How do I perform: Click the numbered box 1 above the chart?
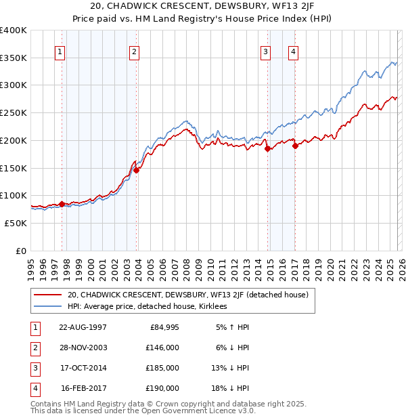click(60, 51)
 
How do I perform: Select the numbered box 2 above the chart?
click(135, 51)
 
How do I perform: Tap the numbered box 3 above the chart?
click(266, 51)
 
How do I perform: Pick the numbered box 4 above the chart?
click(294, 51)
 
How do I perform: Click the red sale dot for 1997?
click(62, 204)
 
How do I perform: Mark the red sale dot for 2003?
click(137, 171)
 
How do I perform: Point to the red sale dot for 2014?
click(267, 149)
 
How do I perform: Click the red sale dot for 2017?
click(295, 146)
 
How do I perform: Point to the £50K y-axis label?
click(16, 223)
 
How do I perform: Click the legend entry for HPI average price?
click(147, 306)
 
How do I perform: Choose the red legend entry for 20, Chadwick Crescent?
click(188, 295)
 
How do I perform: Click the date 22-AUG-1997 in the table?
click(83, 327)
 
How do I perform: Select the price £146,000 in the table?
click(163, 348)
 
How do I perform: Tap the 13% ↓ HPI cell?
click(229, 368)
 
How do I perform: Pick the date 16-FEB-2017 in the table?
click(83, 388)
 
